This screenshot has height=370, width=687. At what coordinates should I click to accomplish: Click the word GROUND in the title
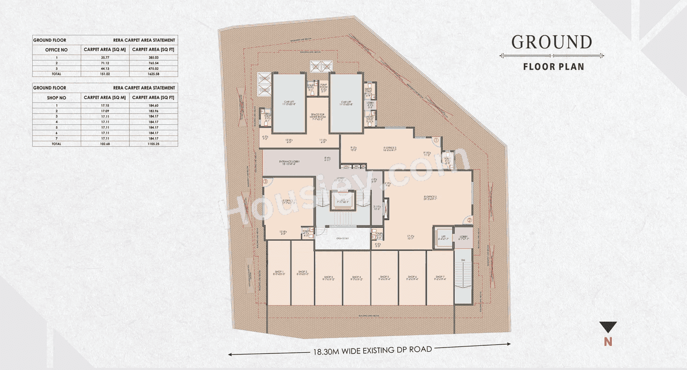(x=551, y=42)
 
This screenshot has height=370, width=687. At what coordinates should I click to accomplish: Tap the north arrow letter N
(x=608, y=342)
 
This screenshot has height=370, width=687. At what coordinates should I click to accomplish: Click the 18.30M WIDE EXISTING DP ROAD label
(x=372, y=350)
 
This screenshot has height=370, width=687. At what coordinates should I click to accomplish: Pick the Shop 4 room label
(x=356, y=278)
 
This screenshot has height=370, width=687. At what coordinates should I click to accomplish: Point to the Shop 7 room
(x=440, y=278)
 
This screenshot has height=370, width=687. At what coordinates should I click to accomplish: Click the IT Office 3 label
(x=389, y=149)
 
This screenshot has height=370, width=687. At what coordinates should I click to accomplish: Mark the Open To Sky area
(x=342, y=239)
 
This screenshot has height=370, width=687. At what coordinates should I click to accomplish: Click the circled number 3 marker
(x=265, y=182)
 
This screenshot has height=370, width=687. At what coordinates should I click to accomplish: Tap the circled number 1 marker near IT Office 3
(x=436, y=140)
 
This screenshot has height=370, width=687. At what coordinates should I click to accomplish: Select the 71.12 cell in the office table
(x=105, y=63)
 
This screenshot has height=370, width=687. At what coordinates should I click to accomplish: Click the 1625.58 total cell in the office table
(x=154, y=74)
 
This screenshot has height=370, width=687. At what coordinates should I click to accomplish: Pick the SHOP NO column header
(x=56, y=98)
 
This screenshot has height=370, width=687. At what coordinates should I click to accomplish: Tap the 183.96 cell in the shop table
(x=154, y=111)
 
